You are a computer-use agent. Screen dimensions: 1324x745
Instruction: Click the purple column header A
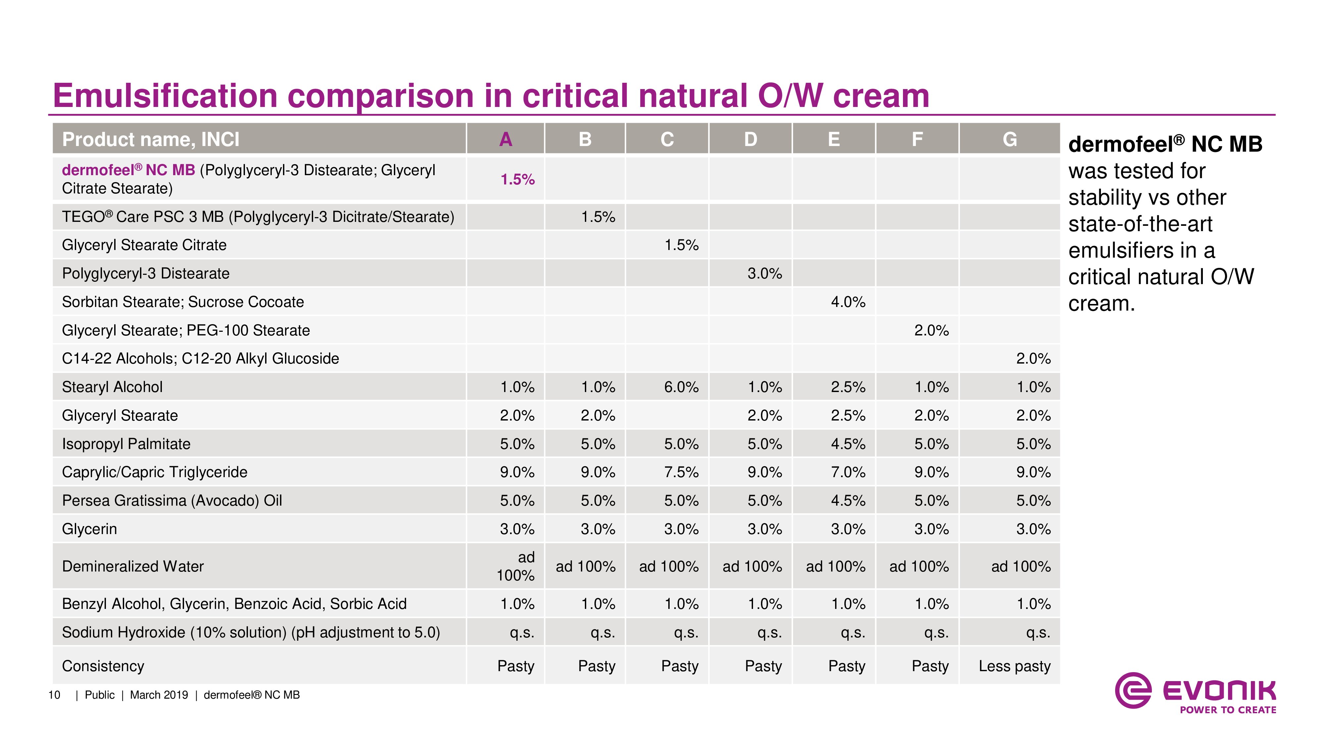pos(506,139)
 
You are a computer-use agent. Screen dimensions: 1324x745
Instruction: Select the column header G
pos(1010,139)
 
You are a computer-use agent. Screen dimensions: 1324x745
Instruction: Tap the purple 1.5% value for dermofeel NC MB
pos(518,179)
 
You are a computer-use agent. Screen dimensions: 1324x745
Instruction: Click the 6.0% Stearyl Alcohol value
pos(681,387)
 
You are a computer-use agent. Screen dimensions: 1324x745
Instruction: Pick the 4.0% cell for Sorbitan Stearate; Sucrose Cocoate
pos(848,302)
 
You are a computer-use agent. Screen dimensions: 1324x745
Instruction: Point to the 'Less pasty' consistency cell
pos(1015,666)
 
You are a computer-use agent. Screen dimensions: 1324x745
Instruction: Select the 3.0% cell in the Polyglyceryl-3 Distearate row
pos(765,273)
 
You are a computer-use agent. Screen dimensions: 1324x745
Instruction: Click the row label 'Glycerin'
pos(89,529)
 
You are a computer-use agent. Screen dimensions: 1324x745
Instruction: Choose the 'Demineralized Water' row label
pos(133,567)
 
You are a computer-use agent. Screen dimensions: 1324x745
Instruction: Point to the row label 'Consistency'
pos(103,666)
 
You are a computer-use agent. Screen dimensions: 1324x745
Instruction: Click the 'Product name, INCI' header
pos(151,139)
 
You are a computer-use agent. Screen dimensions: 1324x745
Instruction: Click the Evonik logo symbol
pos(1133,690)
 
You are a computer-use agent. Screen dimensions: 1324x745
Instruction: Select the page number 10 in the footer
pos(54,695)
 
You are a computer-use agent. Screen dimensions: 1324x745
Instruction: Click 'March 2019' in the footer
pos(159,695)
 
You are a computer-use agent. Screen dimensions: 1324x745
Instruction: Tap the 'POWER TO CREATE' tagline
pos(1228,710)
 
